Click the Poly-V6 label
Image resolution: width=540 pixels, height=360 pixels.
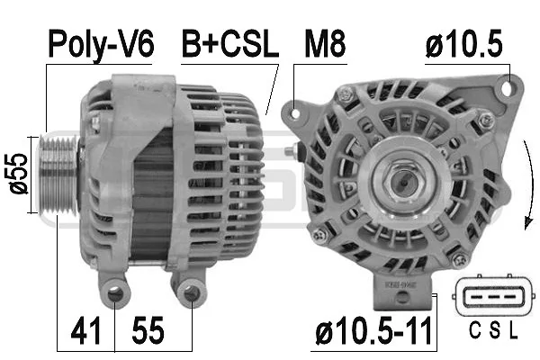[x=101, y=45]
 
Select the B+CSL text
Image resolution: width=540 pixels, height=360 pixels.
[x=230, y=44]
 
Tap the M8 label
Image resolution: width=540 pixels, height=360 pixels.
[x=325, y=44]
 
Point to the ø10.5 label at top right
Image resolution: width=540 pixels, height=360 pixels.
[x=463, y=44]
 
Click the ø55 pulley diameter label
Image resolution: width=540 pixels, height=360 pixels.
[x=18, y=174]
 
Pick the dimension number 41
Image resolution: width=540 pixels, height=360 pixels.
[x=85, y=330]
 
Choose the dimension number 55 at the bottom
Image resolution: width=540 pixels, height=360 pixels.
[x=148, y=330]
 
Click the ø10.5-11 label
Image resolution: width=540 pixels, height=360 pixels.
[x=373, y=331]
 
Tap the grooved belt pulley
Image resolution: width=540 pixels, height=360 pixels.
[x=58, y=175]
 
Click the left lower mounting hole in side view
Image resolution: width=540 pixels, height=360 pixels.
[x=116, y=294]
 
